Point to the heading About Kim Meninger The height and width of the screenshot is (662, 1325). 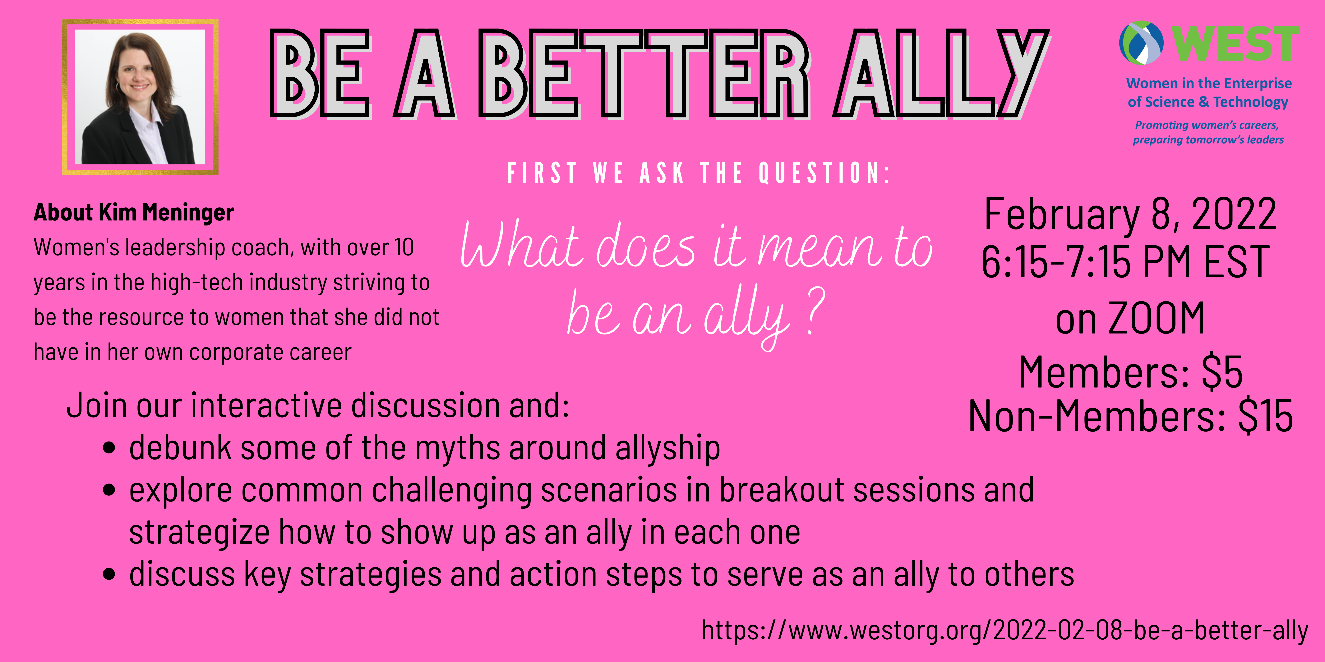coord(134,212)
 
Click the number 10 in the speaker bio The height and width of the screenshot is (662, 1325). coord(404,247)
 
